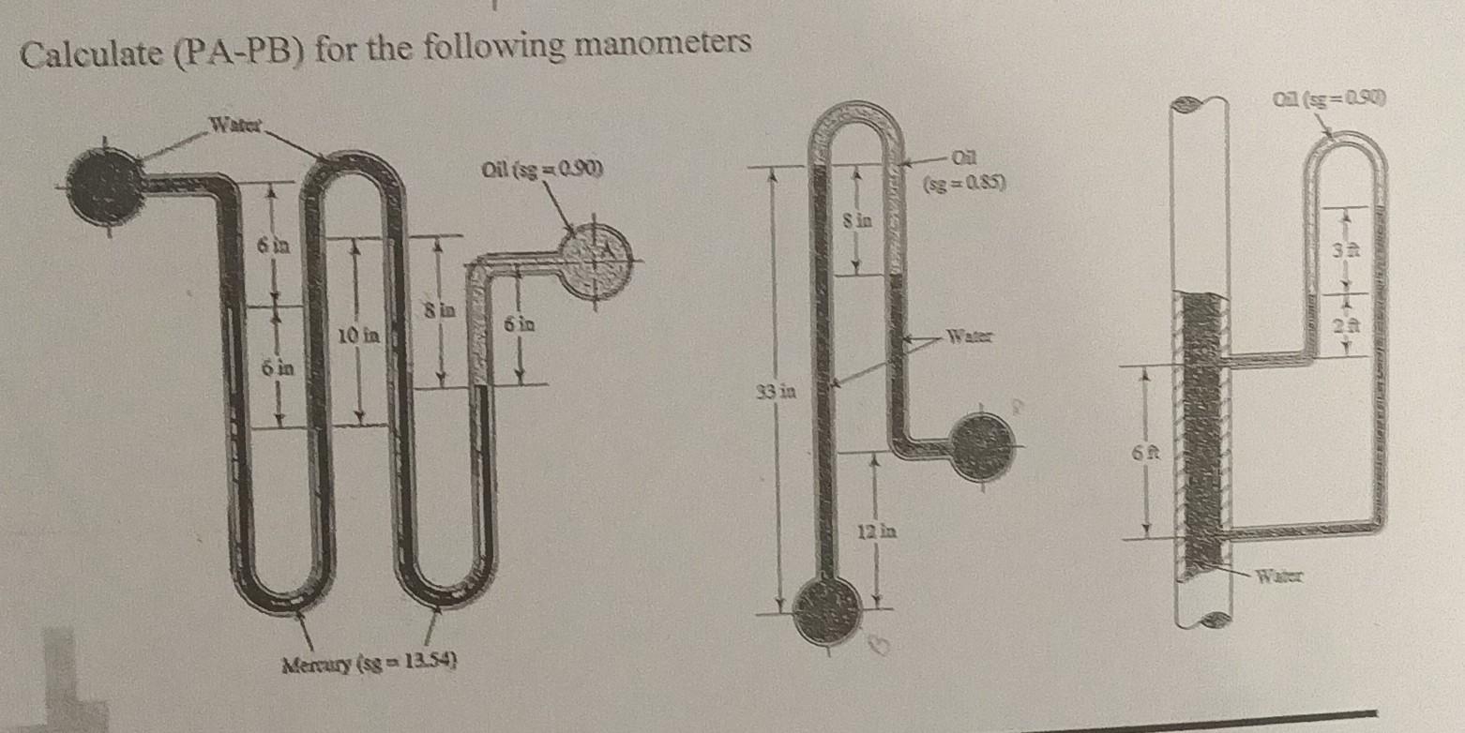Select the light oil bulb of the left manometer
[595, 252]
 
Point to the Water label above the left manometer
[237, 122]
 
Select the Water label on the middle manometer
[970, 336]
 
